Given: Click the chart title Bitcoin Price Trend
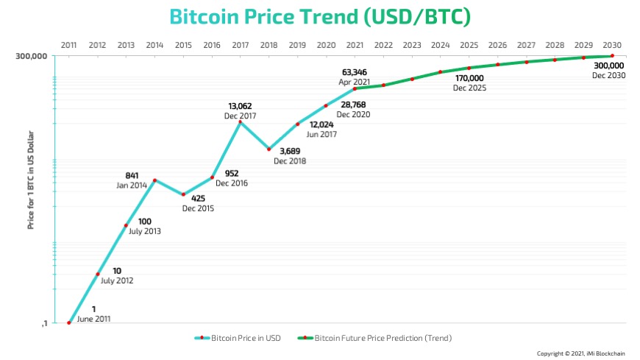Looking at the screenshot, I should pos(319,16).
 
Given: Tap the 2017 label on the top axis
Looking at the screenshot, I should pos(240,45).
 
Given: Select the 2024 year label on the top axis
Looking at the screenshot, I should pos(440,45).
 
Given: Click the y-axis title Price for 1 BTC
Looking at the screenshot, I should pos(31,187).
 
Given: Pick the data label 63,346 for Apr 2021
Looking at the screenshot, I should pos(353,72).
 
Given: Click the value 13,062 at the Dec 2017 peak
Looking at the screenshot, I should pos(241,106).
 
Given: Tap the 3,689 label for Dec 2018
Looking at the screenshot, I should pos(289,152).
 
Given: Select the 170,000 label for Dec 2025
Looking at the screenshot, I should pos(469,78).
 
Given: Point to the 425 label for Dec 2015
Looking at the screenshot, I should pos(198,199).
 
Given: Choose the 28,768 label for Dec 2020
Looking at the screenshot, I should pos(353,105).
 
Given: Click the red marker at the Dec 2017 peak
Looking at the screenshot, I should pos(241,121).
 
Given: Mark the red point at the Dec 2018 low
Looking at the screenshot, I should pos(269,149).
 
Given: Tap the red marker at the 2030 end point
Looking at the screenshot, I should pos(612,56).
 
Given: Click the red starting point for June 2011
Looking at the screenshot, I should pos(68,322).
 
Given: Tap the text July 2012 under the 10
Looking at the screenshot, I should pos(118,280).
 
